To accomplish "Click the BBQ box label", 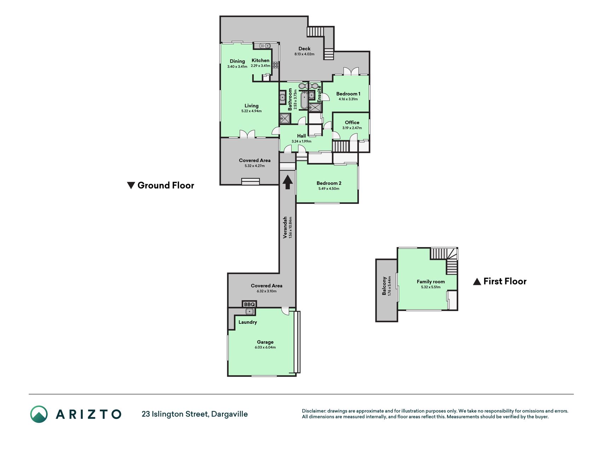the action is coord(249,304).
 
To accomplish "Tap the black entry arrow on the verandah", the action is coord(288,182).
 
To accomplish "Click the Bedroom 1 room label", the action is coord(348,94).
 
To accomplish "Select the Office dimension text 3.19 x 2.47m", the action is coord(352,128).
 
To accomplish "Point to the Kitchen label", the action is coord(260,61).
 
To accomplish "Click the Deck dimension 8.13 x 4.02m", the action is coord(304,54).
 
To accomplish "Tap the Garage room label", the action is coord(265,342).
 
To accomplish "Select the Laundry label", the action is coord(248,322).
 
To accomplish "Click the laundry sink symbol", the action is coord(250,311).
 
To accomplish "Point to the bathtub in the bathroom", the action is coord(304,100).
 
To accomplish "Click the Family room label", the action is coord(431,282).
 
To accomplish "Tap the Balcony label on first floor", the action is coord(384,286).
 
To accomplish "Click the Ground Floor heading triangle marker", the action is coord(131,185).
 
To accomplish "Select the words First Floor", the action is coord(505,281).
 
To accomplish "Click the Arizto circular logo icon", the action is coord(39,414).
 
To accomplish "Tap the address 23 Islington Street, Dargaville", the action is coord(195,414).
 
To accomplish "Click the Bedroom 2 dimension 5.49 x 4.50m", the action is coord(329,189).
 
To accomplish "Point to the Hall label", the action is coord(301,136).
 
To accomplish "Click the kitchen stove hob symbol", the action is coord(276,65).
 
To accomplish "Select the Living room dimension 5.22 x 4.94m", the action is coord(252,111).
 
